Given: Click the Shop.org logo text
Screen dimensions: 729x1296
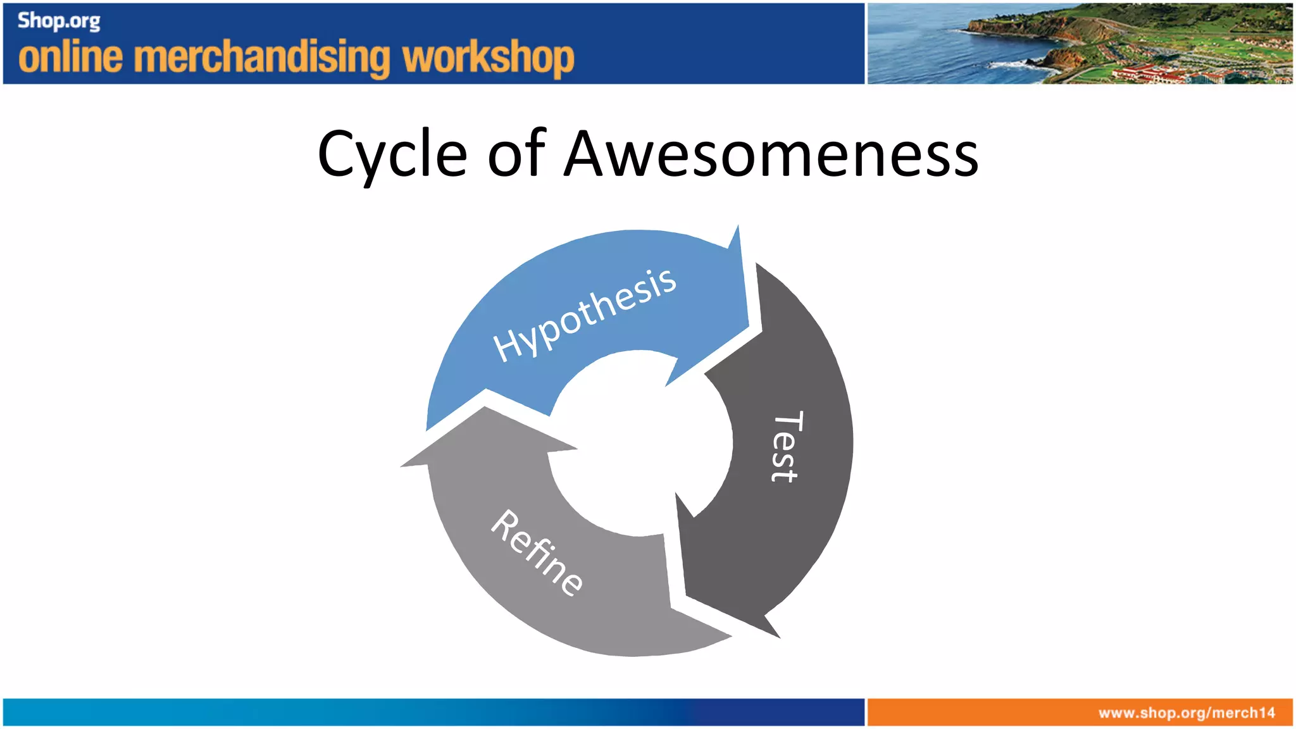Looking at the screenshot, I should click(59, 21).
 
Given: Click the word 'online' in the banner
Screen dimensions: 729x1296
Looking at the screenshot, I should click(70, 58).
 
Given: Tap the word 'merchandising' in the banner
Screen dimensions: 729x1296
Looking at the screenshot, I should click(263, 58).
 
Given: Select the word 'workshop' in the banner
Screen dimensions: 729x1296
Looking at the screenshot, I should click(489, 59).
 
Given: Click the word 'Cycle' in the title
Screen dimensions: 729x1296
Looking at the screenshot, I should click(392, 155).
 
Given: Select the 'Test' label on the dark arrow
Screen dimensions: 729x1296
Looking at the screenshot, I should click(787, 446).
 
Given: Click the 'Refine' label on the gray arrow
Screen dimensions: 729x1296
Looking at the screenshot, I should click(537, 552).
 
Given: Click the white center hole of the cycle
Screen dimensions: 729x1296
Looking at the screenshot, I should click(639, 443).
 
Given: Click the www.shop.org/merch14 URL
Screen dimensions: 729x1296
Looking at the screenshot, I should click(1187, 713).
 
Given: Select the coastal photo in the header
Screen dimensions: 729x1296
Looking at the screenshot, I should click(1079, 44).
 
